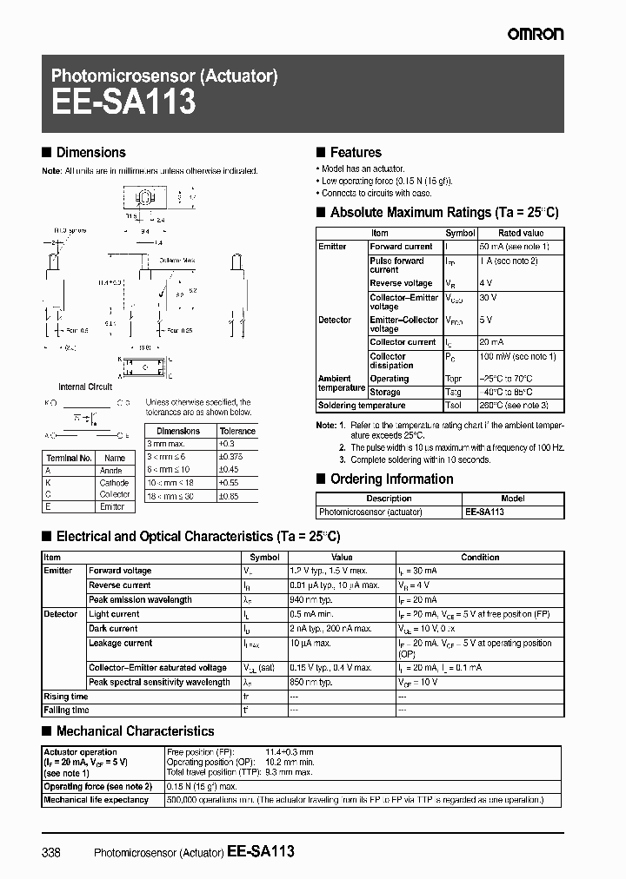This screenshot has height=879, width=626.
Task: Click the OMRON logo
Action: point(536,34)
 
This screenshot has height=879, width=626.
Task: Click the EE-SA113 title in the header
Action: point(123,103)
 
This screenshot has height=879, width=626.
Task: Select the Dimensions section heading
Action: point(90,153)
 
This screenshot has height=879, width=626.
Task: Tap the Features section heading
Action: point(356,153)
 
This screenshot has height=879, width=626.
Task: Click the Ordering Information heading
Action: point(391,479)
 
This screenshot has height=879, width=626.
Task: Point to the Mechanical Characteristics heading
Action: point(135,731)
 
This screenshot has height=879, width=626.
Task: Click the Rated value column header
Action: point(521,234)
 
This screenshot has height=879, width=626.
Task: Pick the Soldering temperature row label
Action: point(362,406)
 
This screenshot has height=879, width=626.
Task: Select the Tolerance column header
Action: point(237,431)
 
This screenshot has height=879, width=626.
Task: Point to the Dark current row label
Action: point(113,629)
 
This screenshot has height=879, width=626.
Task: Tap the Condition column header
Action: point(480,558)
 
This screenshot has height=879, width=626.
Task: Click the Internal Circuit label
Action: point(85,387)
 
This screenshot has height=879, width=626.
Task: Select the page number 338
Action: point(51,853)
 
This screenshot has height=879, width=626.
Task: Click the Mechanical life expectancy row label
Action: point(97,800)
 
